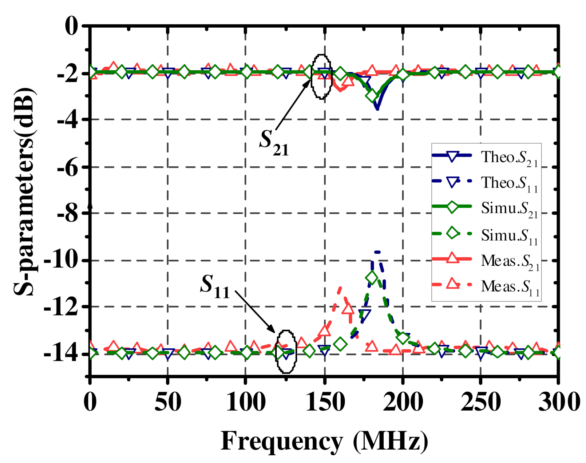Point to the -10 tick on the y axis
(61, 261)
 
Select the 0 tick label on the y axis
(71, 26)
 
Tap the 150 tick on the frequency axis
(324, 402)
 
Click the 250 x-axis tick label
(480, 402)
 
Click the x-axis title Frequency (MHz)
(324, 441)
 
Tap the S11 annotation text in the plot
(215, 286)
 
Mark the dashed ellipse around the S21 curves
(321, 77)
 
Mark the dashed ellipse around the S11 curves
(287, 352)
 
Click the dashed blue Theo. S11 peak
(377, 252)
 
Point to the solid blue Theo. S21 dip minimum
(377, 108)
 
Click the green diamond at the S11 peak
(372, 278)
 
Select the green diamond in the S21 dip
(372, 96)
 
